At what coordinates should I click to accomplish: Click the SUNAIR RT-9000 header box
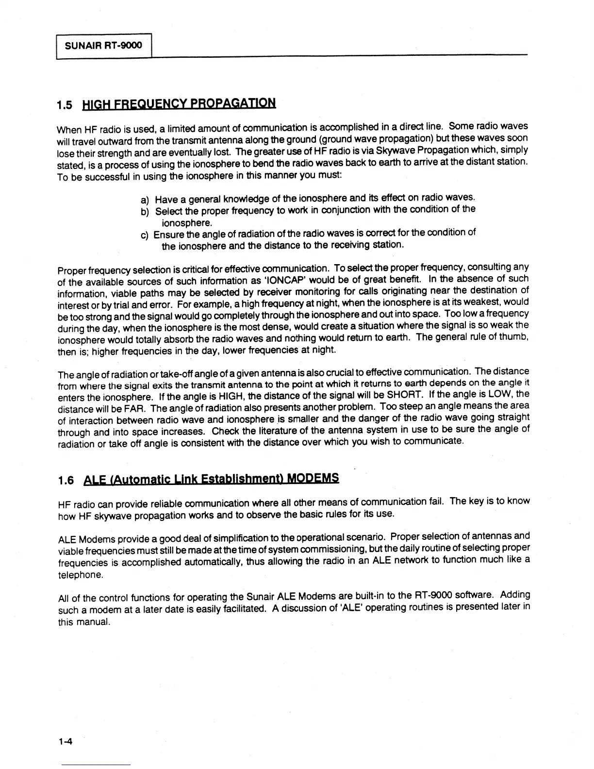[x=104, y=46]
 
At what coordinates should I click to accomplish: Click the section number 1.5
[x=65, y=105]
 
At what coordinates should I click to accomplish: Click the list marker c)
[x=145, y=235]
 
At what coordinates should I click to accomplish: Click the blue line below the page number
[x=96, y=765]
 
